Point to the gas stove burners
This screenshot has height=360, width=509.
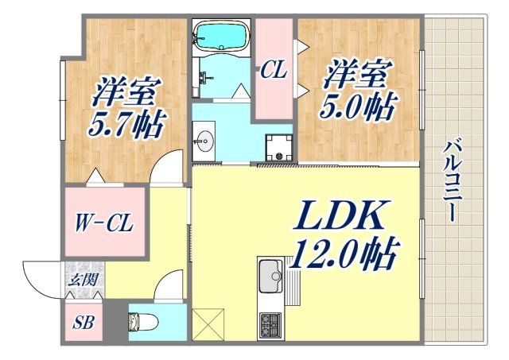(x=270, y=324)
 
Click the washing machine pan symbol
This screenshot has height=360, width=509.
(x=279, y=147)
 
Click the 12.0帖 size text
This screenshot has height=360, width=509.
(x=344, y=256)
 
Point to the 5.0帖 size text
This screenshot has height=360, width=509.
(x=358, y=107)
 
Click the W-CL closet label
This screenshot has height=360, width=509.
(x=104, y=223)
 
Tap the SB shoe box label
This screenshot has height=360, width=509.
(x=83, y=324)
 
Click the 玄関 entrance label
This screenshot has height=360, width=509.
(x=83, y=279)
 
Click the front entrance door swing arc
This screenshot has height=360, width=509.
(x=41, y=280)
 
